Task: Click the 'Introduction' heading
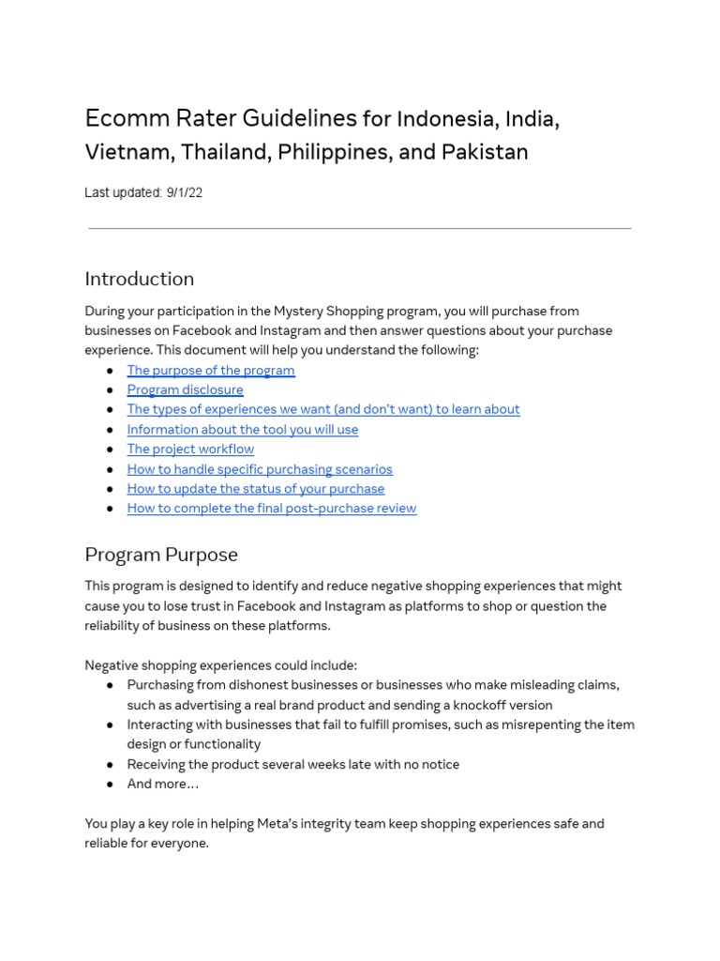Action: pos(139,279)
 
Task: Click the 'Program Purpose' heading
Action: pos(161,554)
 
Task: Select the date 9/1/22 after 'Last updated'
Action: pos(185,192)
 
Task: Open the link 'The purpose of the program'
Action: pos(211,370)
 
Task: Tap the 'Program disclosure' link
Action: pos(185,389)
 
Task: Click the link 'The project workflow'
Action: pos(190,449)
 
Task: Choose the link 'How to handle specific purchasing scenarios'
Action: pos(260,469)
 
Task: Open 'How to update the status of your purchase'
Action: pos(255,489)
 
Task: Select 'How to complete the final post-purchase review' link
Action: pos(272,509)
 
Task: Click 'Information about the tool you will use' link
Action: pos(242,429)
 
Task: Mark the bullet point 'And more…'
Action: pos(163,784)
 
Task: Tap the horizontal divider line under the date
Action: pos(359,228)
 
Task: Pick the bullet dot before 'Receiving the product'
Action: pos(110,764)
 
